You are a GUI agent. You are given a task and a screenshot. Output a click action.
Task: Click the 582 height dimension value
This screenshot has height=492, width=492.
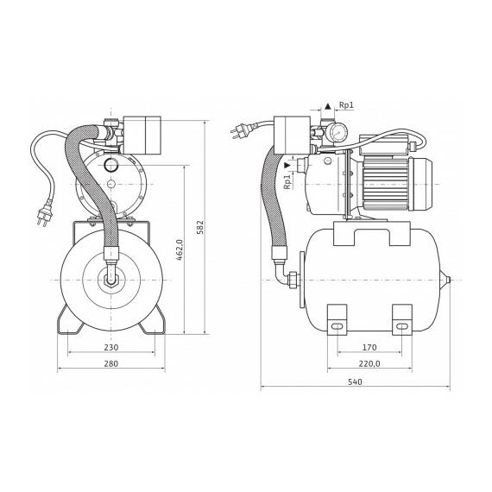pos(200,228)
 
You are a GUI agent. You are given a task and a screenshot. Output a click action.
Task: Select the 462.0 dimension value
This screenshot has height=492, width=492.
pos(180,250)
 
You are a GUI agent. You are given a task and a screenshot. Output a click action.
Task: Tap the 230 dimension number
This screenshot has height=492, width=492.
pos(111,348)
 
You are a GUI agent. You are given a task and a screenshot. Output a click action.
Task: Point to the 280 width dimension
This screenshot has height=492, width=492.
pos(111,363)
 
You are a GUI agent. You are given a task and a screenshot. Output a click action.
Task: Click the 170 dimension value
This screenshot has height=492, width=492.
pos(369,348)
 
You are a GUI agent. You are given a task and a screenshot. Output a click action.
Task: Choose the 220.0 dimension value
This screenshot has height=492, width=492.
pos(369,363)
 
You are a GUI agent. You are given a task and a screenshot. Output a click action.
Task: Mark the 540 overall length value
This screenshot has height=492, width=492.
pos(355,382)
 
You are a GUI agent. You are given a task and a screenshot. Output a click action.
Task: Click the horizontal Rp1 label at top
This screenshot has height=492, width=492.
pos(346,105)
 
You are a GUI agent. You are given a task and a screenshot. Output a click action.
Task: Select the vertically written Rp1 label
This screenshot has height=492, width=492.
pos(287,181)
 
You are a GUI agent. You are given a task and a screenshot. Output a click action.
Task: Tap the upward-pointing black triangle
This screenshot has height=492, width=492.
pos(328,106)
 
